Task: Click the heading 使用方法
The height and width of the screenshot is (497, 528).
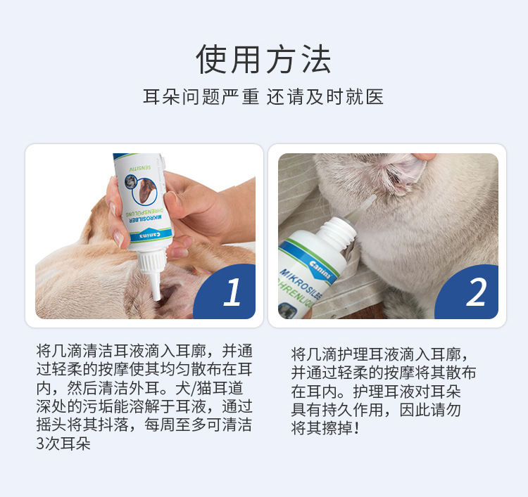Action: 264,59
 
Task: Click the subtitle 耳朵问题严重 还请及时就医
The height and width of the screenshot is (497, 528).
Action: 263,97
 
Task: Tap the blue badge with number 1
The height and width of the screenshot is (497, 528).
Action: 225,292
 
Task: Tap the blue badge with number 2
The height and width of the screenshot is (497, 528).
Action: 467,292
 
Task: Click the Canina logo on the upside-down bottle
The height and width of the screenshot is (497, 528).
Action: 150,235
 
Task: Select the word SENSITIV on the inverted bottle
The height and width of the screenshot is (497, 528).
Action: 140,167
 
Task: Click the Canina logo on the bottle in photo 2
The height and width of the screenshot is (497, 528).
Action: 319,270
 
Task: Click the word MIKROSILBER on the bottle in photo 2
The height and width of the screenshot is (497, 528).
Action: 301,285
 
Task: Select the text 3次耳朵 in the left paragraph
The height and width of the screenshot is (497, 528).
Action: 63,444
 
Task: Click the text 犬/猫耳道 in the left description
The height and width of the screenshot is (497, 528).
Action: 209,388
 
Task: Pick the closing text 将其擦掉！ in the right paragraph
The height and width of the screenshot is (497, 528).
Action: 325,428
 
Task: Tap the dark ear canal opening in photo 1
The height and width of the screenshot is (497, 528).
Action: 168,292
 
